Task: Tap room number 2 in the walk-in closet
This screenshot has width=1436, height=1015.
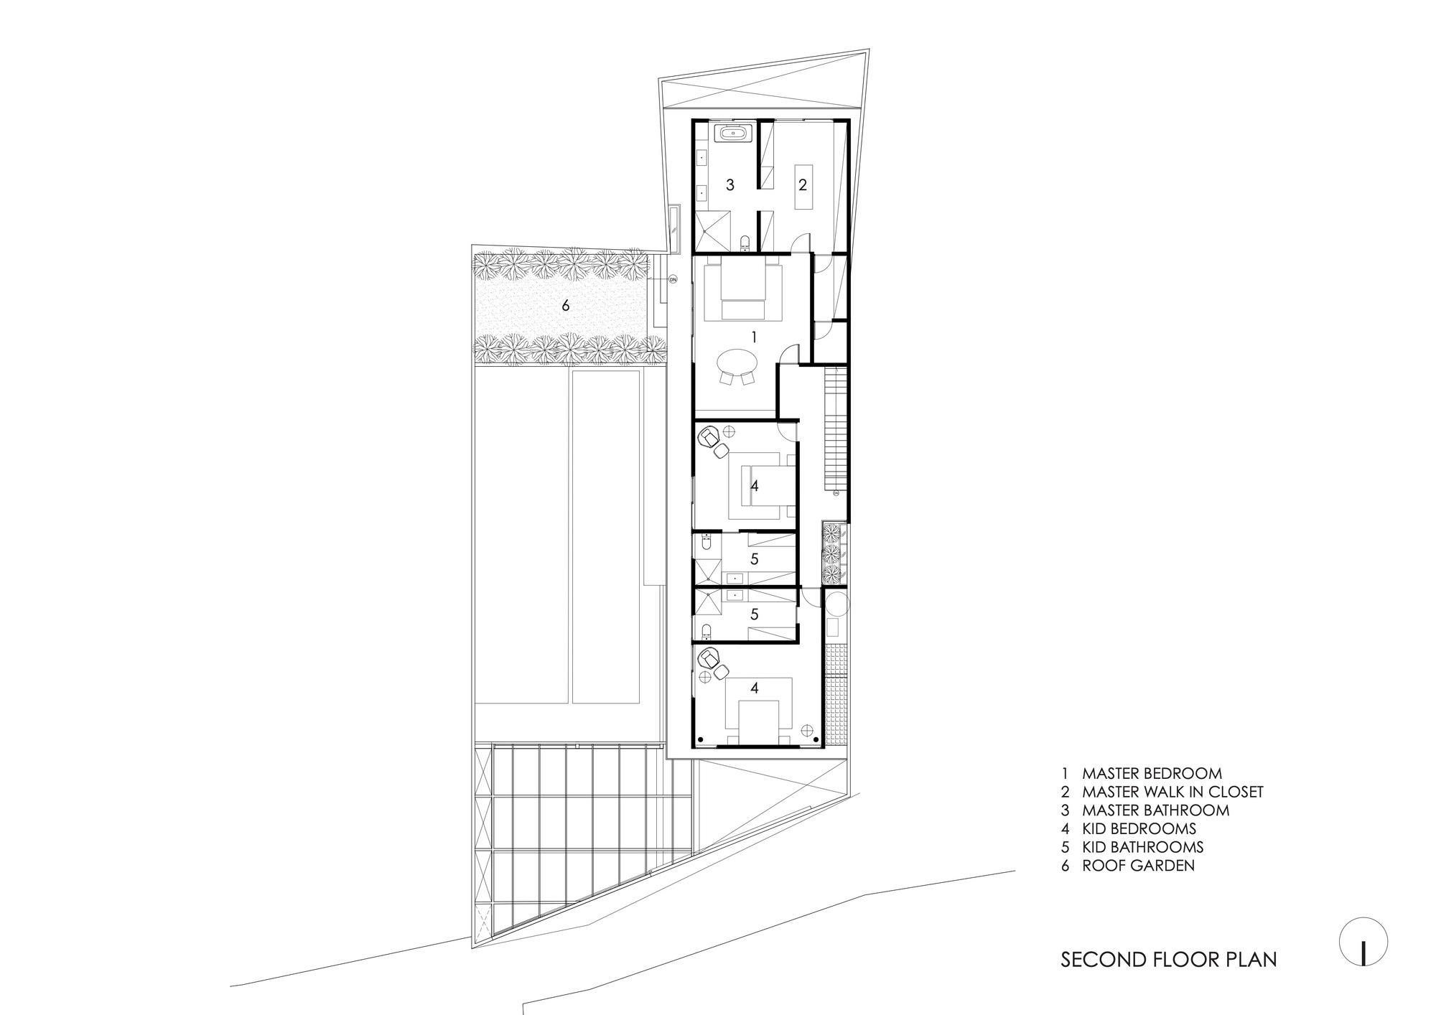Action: [803, 184]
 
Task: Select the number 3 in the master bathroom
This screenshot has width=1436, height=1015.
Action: [730, 185]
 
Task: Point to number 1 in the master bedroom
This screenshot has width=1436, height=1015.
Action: [754, 336]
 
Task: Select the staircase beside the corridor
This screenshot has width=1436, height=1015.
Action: [836, 426]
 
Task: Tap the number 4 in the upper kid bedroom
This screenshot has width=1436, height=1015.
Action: [754, 486]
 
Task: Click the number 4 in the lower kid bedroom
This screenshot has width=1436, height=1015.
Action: [754, 688]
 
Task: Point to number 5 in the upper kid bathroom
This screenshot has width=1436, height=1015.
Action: [754, 558]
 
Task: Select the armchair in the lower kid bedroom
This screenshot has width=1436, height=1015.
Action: [710, 657]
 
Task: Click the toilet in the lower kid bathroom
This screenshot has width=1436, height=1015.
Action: [706, 631]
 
